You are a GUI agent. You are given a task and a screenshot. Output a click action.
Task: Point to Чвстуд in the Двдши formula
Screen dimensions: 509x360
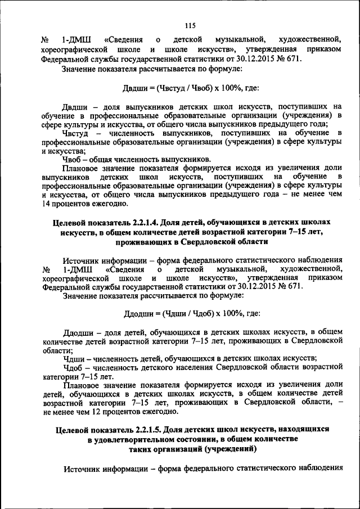(170, 88)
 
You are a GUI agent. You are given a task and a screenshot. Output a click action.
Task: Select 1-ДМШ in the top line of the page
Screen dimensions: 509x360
(73, 39)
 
